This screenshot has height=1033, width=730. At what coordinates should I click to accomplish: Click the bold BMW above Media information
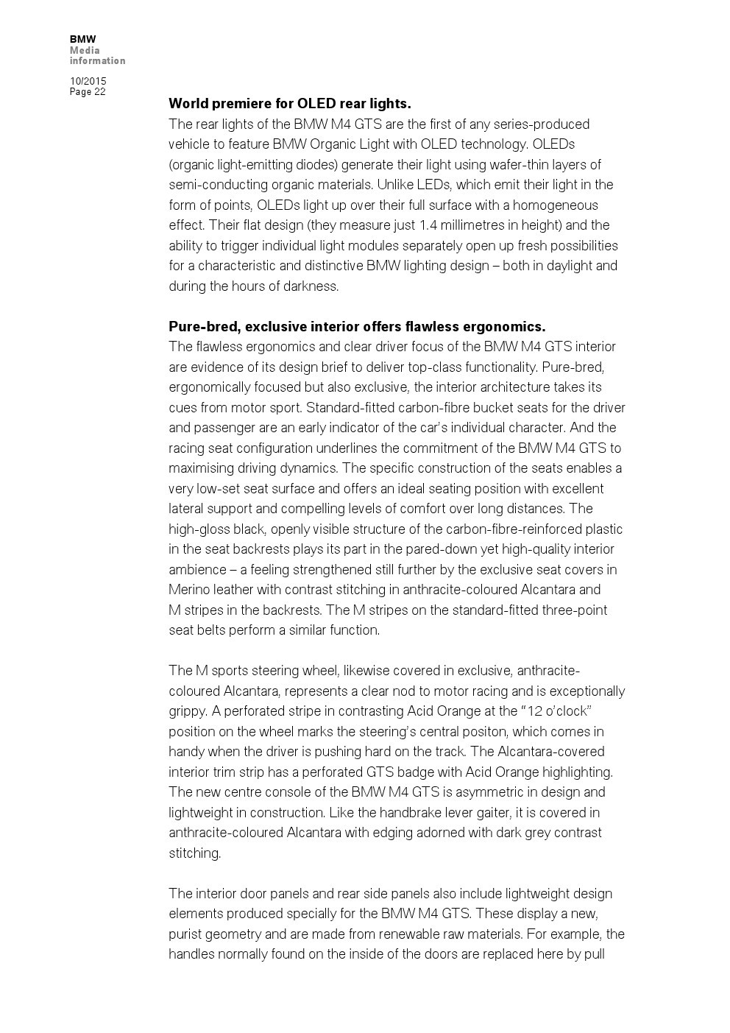point(82,39)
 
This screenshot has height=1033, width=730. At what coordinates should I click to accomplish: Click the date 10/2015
point(88,81)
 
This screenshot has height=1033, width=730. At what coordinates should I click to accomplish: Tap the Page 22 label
point(88,92)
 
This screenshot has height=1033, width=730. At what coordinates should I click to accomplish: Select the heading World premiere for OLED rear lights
point(289,103)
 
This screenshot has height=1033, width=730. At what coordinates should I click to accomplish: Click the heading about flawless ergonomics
point(357,326)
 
